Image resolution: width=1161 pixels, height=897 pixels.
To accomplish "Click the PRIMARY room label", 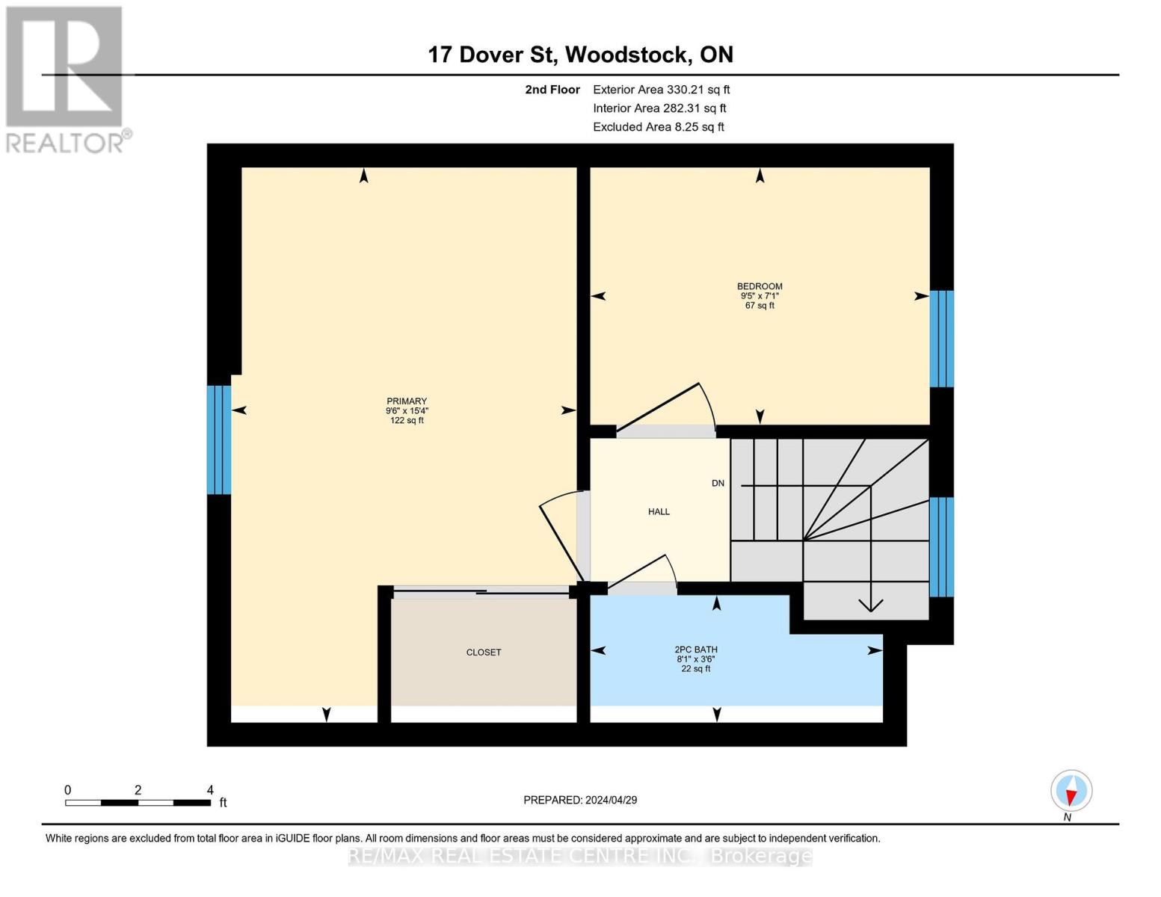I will pyautogui.click(x=407, y=401).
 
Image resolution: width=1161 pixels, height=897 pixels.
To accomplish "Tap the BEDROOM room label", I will pyautogui.click(x=760, y=286).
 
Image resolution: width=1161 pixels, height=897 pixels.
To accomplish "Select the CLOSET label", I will pyautogui.click(x=483, y=653).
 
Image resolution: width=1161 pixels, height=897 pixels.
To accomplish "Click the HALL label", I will pyautogui.click(x=659, y=512).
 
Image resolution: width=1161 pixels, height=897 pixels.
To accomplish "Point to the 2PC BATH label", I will pyautogui.click(x=695, y=650).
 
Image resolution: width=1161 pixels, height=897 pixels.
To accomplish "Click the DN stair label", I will pyautogui.click(x=718, y=484).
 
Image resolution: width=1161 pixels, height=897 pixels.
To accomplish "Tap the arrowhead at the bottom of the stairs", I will pyautogui.click(x=871, y=605).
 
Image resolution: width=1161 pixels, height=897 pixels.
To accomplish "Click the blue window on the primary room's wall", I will pyautogui.click(x=218, y=440).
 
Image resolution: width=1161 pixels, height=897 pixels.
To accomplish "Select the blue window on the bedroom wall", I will pyautogui.click(x=941, y=339).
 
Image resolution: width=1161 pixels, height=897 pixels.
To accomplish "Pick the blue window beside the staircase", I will pyautogui.click(x=941, y=546).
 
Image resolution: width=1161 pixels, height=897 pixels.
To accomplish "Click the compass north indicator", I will pyautogui.click(x=1071, y=791).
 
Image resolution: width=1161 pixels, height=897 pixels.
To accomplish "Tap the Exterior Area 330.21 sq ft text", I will pyautogui.click(x=661, y=90).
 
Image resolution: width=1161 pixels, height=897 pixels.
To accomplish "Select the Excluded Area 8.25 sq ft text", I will pyautogui.click(x=658, y=127).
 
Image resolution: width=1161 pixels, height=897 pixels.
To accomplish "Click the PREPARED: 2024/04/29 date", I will pyautogui.click(x=580, y=800).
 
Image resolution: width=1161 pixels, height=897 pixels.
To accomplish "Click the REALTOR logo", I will pyautogui.click(x=65, y=78).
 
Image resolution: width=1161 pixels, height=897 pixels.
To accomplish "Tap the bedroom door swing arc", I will pyautogui.click(x=673, y=407).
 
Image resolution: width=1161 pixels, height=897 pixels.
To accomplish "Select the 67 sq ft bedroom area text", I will pyautogui.click(x=760, y=306).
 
